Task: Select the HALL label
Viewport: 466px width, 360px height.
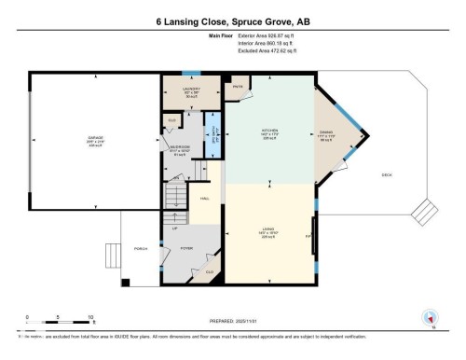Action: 203,199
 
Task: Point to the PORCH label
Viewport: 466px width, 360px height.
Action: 143,248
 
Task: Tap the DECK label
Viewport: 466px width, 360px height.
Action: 386,174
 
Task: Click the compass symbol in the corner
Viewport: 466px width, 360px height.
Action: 430,317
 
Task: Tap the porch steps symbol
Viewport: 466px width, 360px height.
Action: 113,252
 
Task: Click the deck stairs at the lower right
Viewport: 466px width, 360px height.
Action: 431,216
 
